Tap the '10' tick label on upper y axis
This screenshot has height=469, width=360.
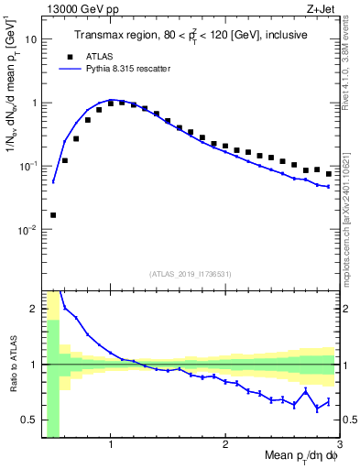[31, 39]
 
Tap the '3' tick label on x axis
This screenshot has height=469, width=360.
[338, 445]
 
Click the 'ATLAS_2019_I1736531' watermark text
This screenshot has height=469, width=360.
[190, 274]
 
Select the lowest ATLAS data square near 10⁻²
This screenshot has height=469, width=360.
[53, 215]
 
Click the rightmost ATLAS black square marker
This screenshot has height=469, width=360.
[328, 173]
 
